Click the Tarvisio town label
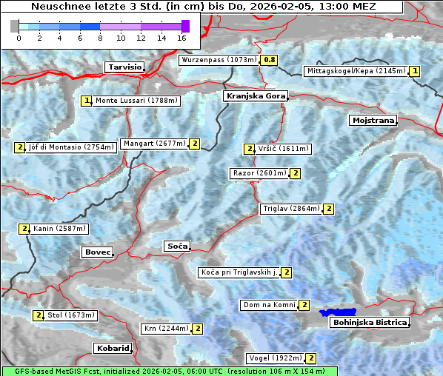(x=124, y=67)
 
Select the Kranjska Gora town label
(x=254, y=96)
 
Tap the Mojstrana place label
(x=373, y=120)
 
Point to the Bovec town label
(x=98, y=252)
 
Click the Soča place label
(x=177, y=246)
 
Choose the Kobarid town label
(x=113, y=348)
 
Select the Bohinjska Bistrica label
(x=369, y=323)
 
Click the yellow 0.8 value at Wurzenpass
(x=270, y=60)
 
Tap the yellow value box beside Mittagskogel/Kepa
(x=415, y=71)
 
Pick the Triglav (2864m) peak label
(x=291, y=209)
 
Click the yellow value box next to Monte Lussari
(x=87, y=101)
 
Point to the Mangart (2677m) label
(x=154, y=144)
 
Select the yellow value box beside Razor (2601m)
(x=295, y=173)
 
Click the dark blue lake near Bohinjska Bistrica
(x=338, y=312)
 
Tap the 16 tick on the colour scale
(x=181, y=38)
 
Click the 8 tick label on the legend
(x=100, y=38)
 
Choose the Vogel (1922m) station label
(x=275, y=358)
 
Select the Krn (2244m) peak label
(x=164, y=329)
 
